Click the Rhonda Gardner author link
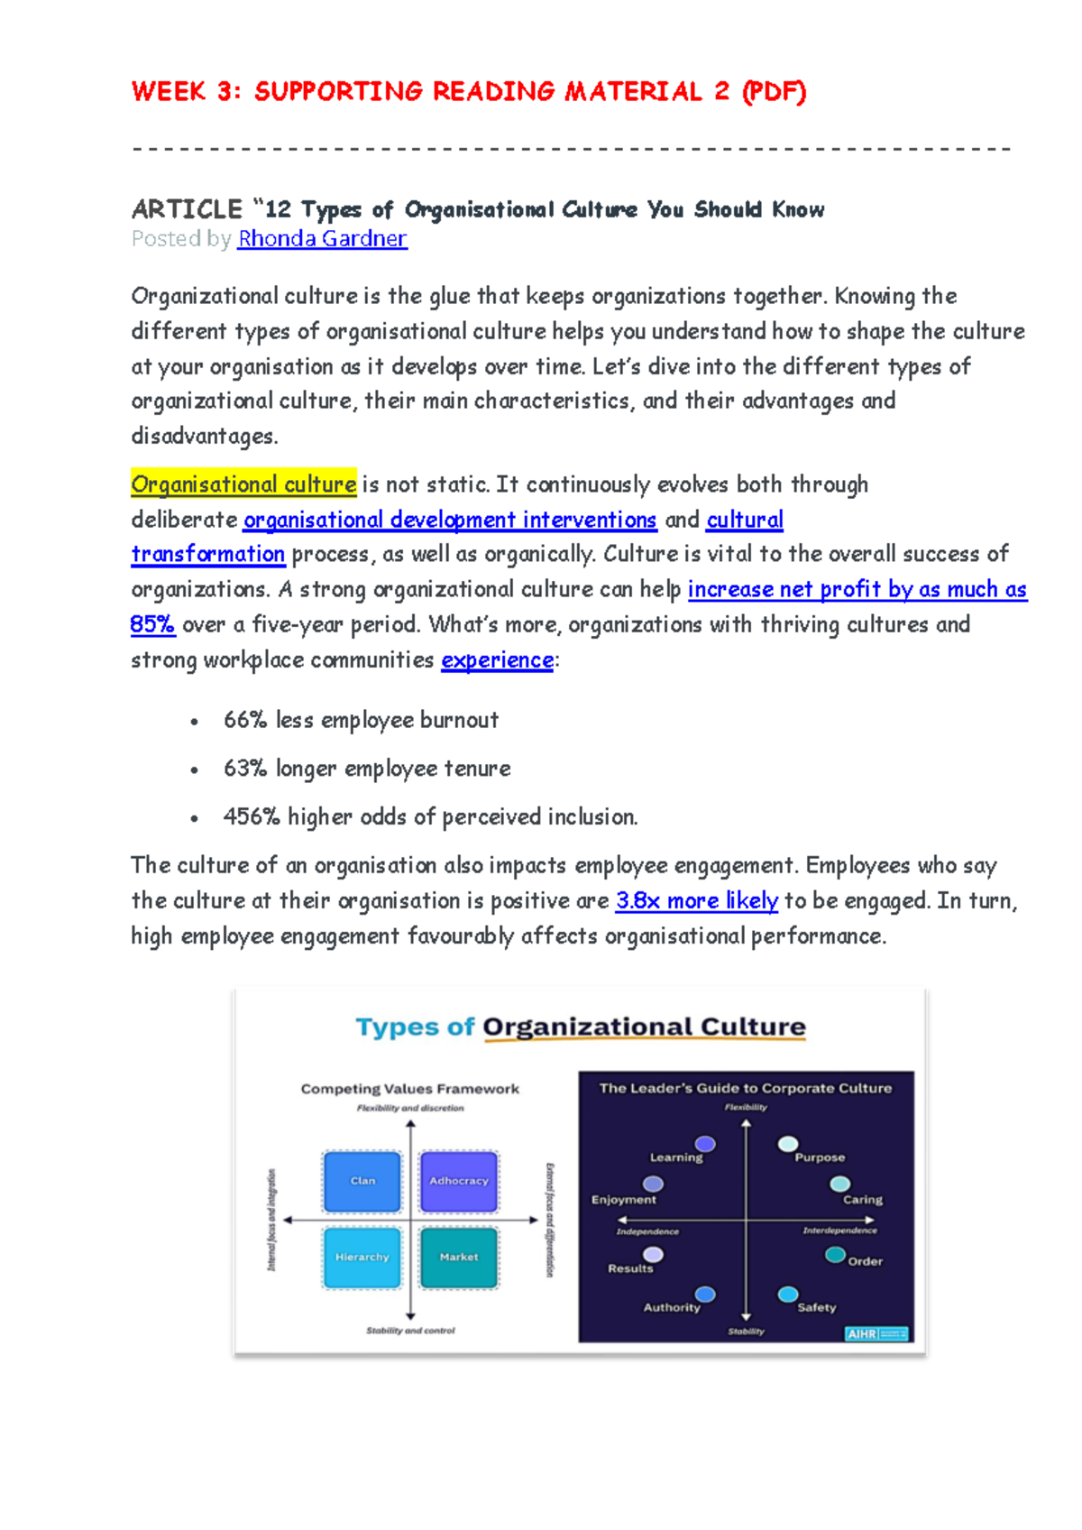[322, 239]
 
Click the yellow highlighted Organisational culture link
[243, 484]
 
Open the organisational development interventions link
[450, 520]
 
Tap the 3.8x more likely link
[696, 900]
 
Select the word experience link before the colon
[497, 659]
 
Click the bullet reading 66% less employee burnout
[361, 720]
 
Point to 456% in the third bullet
[252, 816]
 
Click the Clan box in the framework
[362, 1180]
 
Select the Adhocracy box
[458, 1180]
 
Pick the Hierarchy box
[362, 1257]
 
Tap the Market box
[458, 1257]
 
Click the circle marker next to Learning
[705, 1144]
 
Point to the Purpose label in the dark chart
[820, 1157]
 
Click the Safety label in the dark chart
[816, 1307]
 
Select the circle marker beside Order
[835, 1255]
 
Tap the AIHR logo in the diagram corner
[876, 1333]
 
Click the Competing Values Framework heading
[409, 1089]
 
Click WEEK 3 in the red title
[186, 92]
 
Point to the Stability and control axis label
[410, 1331]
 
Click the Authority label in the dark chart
[671, 1307]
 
